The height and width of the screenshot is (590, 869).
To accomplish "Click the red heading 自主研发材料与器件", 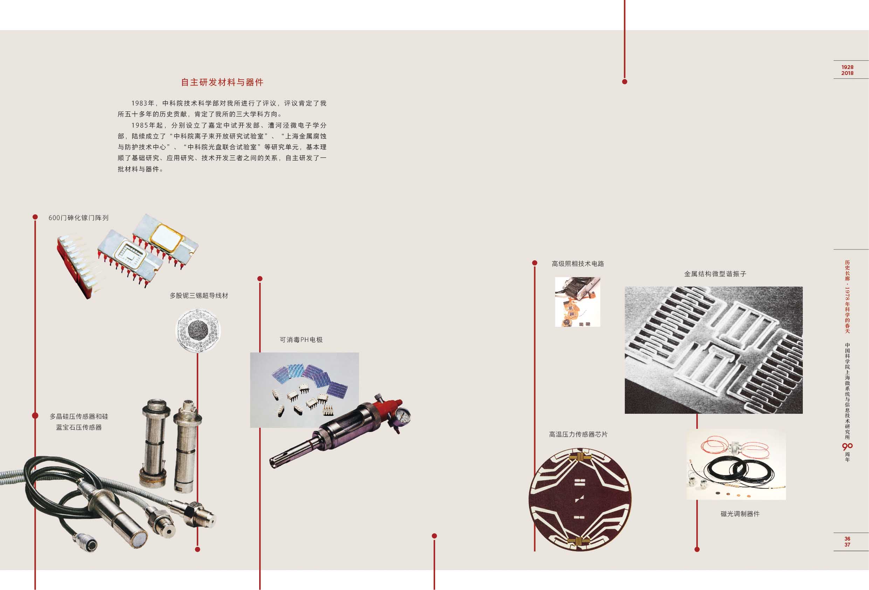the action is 222,82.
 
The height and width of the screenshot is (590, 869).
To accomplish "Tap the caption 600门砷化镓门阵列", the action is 78,218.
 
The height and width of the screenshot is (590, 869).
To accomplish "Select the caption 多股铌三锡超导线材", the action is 199,296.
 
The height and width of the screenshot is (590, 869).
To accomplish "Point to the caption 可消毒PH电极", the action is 301,340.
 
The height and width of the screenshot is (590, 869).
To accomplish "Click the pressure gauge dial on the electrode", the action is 402,414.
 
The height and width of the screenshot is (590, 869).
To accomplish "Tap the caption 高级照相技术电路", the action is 578,264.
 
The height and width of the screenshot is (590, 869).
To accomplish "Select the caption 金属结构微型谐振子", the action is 715,274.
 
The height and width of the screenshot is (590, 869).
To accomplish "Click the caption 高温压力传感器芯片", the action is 578,434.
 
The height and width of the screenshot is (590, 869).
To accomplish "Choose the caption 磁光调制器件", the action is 740,514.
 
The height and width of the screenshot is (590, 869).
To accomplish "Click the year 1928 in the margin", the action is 847,67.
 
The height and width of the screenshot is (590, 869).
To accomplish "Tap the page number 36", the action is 847,539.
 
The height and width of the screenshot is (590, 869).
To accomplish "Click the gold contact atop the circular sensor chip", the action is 579,457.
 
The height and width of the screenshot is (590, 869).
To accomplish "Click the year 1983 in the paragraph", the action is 139,103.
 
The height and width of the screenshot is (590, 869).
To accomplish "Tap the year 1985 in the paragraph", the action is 139,125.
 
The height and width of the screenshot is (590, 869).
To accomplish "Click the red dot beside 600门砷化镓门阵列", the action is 35,217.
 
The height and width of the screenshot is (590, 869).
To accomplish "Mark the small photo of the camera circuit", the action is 578,302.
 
